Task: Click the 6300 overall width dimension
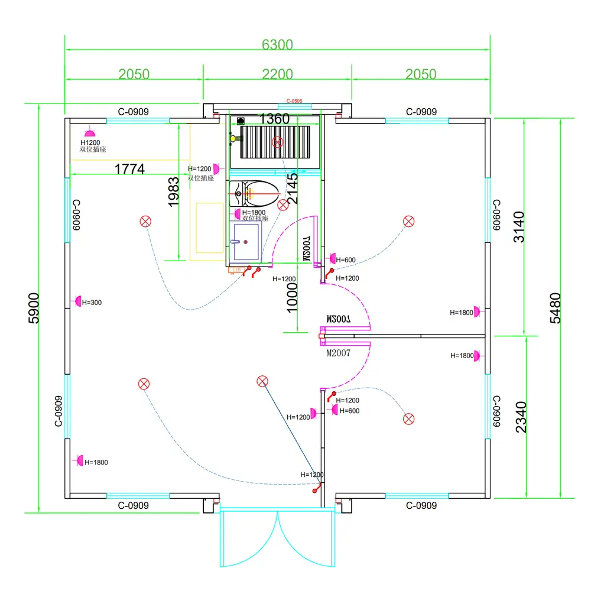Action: tap(277, 44)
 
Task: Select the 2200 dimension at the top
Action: tap(277, 74)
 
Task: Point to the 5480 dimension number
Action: tap(555, 307)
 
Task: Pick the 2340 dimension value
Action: tap(521, 417)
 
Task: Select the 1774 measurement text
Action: tap(129, 169)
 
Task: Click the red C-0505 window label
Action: tap(294, 102)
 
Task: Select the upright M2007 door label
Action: tap(339, 353)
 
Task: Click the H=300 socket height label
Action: tap(92, 303)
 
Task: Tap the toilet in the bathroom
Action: tap(255, 191)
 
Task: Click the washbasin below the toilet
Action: tap(245, 241)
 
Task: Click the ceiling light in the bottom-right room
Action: tap(408, 419)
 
